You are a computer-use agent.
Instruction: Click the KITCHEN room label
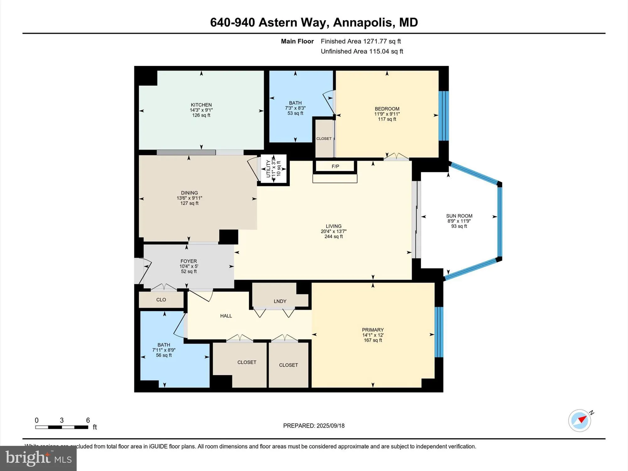coord(201,105)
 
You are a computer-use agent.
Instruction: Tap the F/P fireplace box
coord(335,166)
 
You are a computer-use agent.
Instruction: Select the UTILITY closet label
coord(268,169)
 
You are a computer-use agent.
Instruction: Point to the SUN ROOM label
coord(459,216)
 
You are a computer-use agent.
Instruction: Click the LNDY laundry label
coord(280,301)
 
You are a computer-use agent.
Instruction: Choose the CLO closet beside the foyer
coord(161,300)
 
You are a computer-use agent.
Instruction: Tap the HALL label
coord(226,316)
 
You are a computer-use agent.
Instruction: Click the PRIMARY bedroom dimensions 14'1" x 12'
coord(373,335)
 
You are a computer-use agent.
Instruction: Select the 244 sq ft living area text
coord(333,236)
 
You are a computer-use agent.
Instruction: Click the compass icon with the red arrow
coord(580,420)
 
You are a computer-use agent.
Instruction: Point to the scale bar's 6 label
coord(88,420)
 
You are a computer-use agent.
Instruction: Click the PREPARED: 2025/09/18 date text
coord(314,426)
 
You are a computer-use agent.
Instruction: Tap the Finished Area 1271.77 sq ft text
coord(360,41)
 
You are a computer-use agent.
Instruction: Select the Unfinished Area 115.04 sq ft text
coord(362,51)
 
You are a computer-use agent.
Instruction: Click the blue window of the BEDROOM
coord(443,116)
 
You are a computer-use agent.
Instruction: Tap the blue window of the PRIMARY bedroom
coord(439,332)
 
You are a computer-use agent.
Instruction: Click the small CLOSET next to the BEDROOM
coord(324,138)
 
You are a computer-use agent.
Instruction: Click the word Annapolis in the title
coord(362,22)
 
